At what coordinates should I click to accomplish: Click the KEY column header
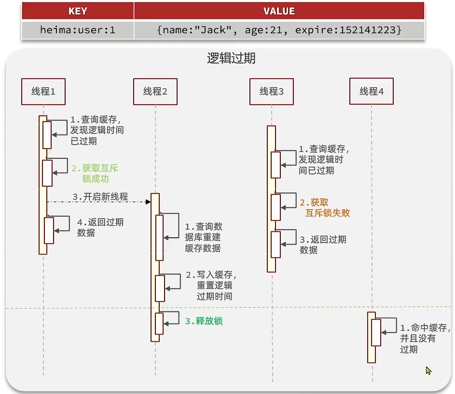click(x=78, y=11)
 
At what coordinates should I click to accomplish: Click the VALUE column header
click(x=279, y=11)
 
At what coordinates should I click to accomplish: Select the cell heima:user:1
click(x=78, y=29)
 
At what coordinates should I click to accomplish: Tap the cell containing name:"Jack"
click(x=279, y=29)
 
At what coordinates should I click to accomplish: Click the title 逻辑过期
click(x=231, y=59)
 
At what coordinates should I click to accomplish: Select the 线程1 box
click(x=43, y=91)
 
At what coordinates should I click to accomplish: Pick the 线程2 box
click(x=155, y=91)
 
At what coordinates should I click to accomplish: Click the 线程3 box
click(x=272, y=91)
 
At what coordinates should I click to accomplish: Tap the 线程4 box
click(x=372, y=91)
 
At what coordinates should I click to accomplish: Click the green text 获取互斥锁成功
click(x=95, y=174)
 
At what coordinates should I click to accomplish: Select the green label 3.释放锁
click(x=204, y=321)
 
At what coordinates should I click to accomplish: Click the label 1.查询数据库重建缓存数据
click(x=204, y=237)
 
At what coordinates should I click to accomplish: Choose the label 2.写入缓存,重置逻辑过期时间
click(x=211, y=285)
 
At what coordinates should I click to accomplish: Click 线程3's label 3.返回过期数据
click(x=323, y=245)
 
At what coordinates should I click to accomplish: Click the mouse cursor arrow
click(x=428, y=370)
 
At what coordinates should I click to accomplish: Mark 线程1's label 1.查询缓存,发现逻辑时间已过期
click(x=97, y=130)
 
